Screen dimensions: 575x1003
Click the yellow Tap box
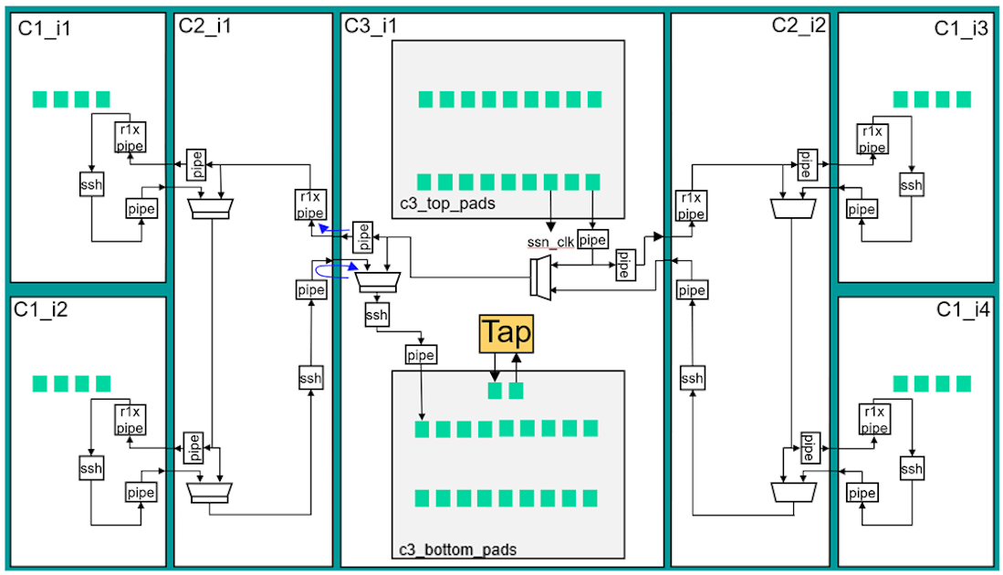point(506,333)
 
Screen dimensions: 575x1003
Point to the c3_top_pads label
point(447,204)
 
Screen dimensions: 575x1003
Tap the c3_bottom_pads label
point(458,549)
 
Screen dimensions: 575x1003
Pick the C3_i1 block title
point(371,26)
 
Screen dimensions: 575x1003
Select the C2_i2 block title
point(799,26)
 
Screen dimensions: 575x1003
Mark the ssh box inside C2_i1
point(311,378)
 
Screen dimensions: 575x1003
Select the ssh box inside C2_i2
point(693,378)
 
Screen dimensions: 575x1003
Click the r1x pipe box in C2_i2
point(691,205)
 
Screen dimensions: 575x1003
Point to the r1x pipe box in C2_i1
point(309,205)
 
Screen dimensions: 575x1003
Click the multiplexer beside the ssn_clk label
point(540,277)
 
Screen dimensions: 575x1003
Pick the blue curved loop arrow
point(333,271)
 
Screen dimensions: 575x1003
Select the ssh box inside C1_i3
point(911,185)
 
